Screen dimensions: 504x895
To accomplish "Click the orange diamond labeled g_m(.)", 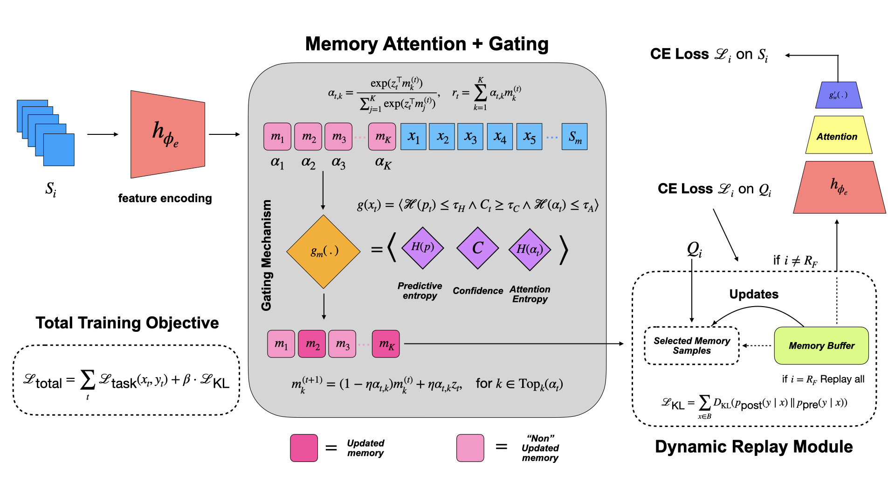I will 323,252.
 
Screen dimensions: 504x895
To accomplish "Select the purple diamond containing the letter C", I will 478,248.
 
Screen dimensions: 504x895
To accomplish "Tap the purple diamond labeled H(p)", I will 422,248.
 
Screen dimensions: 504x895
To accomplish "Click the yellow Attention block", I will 838,136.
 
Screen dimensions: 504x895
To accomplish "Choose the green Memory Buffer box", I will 821,346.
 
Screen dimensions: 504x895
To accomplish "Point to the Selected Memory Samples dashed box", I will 692,346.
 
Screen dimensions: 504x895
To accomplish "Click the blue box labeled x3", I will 470,137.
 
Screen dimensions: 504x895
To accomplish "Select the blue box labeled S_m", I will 574,137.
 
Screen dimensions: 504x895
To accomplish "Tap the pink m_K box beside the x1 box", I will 382,137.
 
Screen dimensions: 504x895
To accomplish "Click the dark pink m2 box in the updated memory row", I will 312,344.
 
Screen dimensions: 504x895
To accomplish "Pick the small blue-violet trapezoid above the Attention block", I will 839,95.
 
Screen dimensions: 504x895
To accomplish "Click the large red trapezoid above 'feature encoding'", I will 167,134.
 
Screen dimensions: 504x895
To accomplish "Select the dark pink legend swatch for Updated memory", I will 304,448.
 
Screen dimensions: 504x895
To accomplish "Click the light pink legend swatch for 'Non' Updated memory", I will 470,448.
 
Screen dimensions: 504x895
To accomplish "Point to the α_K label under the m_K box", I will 383,163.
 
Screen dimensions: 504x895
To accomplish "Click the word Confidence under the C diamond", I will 478,291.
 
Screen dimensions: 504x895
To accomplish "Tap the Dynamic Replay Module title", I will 754,447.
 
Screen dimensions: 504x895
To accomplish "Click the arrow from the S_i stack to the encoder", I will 103,134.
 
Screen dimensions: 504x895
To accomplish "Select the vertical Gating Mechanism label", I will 266,255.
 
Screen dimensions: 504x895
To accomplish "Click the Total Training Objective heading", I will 127,323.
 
